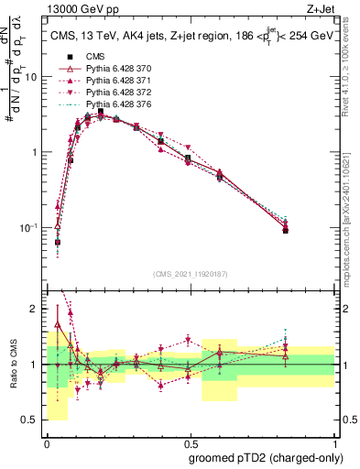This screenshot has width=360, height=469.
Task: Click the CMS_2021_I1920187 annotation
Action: click(190, 272)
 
